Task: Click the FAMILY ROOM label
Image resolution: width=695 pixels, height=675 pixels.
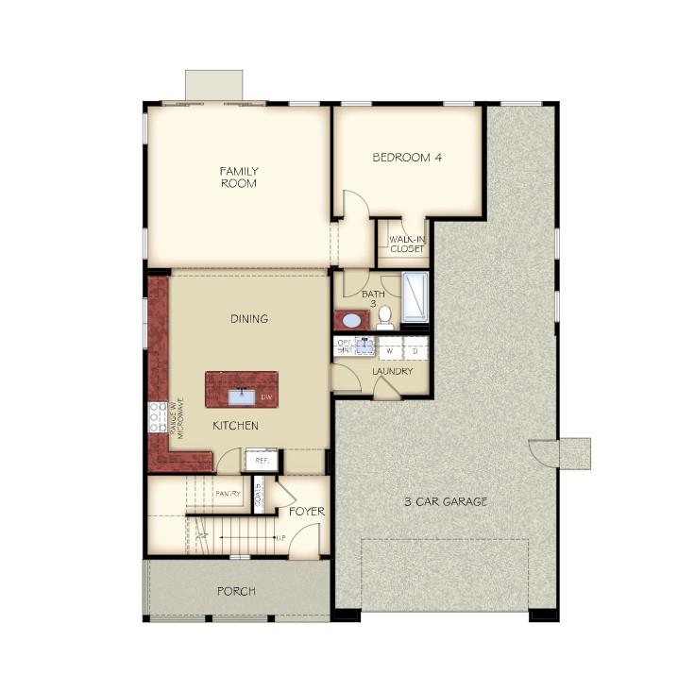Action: point(239,177)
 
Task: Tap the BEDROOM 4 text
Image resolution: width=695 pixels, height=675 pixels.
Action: point(407,158)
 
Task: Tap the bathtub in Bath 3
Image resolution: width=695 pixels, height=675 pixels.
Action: point(415,297)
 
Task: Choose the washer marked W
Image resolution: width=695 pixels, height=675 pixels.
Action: point(387,350)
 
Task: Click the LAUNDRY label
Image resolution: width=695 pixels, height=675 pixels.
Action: point(392,372)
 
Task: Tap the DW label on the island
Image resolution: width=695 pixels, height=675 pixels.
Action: point(266,397)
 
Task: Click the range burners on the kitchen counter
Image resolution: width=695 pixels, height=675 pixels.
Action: point(157,416)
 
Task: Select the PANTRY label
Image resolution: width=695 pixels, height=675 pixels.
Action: point(228,494)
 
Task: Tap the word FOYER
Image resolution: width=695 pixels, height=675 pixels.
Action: point(307,512)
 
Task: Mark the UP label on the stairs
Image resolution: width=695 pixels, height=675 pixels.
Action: point(280,538)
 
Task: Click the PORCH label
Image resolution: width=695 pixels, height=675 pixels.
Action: point(236,591)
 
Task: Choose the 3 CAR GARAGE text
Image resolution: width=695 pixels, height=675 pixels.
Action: point(445,501)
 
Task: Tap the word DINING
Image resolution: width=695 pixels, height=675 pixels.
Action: point(249,319)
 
